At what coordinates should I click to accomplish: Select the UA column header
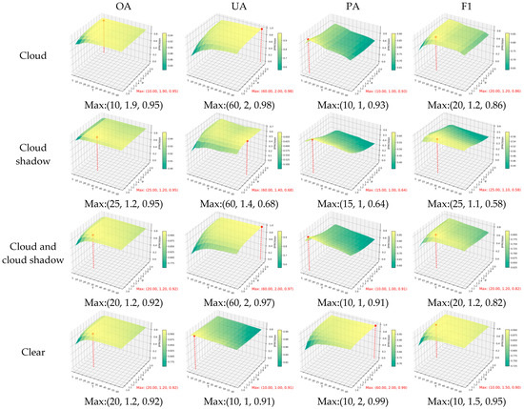point(245,11)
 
